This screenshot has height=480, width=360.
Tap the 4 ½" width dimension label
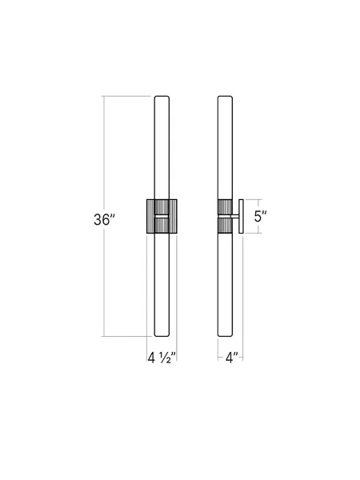pyautogui.click(x=161, y=356)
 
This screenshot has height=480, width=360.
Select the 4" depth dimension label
pyautogui.click(x=230, y=356)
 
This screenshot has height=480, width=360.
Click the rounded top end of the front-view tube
pyautogui.click(x=161, y=98)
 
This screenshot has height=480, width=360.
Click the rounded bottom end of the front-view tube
pyautogui.click(x=161, y=334)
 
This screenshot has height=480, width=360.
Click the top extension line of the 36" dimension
pyautogui.click(x=128, y=95)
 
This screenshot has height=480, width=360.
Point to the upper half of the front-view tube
pyautogui.click(x=161, y=148)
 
